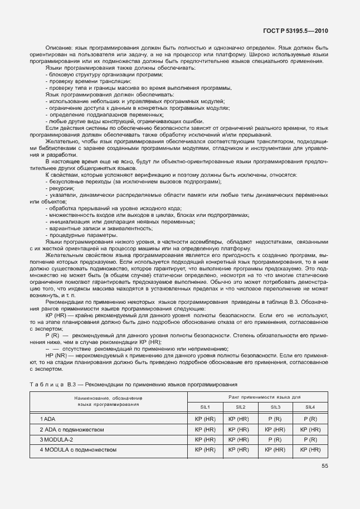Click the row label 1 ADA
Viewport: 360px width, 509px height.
(x=48, y=419)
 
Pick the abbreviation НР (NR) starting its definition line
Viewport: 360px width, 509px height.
(x=54, y=356)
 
